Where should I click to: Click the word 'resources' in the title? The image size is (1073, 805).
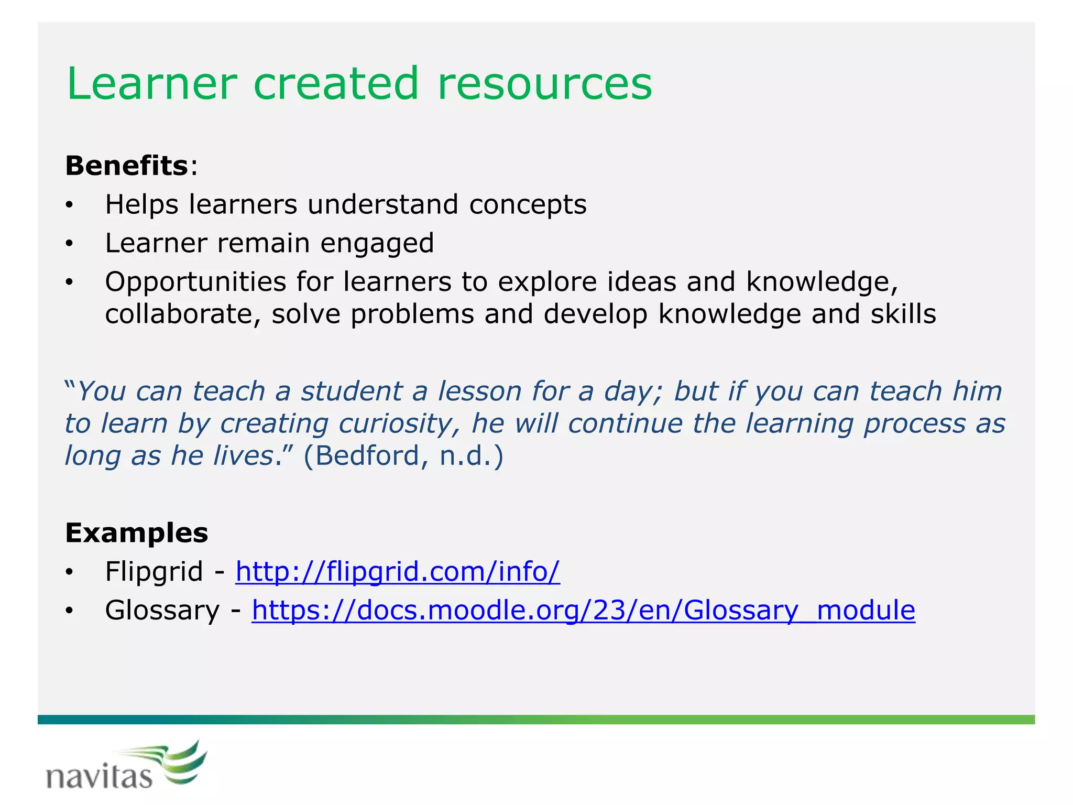coord(545,84)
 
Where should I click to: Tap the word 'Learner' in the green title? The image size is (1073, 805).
coord(152,84)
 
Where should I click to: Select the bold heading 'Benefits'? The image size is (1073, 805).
coord(126,166)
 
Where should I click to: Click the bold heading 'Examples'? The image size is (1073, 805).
coord(136,533)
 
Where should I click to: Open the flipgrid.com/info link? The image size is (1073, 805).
coord(397,571)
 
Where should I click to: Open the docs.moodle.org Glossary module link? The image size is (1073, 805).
coord(583,610)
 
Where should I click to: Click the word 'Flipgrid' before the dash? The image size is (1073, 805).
coord(154,571)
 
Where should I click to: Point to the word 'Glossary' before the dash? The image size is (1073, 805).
coord(162,610)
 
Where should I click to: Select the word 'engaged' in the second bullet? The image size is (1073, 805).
coord(377,243)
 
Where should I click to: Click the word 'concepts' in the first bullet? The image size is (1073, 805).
coord(528,204)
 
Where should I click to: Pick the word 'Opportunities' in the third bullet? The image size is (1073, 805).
coord(195,282)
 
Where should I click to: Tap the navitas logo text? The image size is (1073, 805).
coord(98,776)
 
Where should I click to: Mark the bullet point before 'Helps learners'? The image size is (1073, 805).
coord(69,205)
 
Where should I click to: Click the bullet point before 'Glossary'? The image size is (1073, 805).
coord(69,611)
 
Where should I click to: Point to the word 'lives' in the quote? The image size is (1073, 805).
coord(243,455)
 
